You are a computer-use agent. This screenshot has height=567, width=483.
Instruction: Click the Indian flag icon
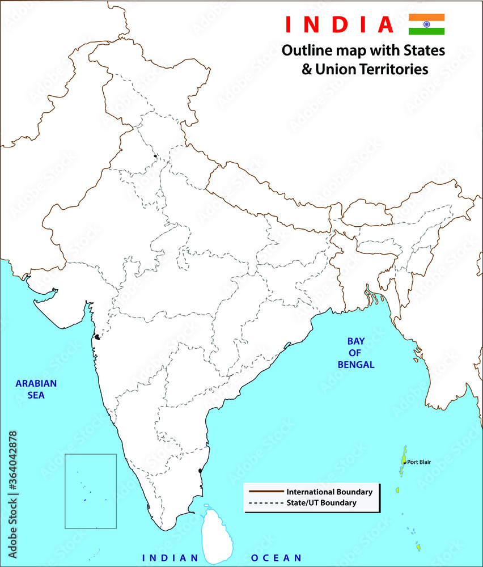pyautogui.click(x=426, y=24)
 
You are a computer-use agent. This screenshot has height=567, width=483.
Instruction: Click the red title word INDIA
pyautogui.click(x=339, y=24)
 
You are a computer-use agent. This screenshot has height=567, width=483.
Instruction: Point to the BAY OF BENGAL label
pyautogui.click(x=355, y=353)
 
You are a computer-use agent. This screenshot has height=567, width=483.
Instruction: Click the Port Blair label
pyautogui.click(x=419, y=462)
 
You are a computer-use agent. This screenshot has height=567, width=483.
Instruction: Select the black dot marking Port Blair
pyautogui.click(x=404, y=462)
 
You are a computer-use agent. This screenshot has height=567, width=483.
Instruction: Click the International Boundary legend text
pyautogui.click(x=329, y=492)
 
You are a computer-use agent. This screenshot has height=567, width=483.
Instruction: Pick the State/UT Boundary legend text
pyautogui.click(x=321, y=503)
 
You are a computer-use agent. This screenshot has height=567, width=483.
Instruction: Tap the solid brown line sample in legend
pyautogui.click(x=265, y=492)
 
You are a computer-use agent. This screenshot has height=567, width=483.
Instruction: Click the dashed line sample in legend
pyautogui.click(x=265, y=503)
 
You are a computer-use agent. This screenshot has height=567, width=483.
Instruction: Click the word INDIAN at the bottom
pyautogui.click(x=170, y=558)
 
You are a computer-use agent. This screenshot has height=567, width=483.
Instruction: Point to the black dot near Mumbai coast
pyautogui.click(x=98, y=337)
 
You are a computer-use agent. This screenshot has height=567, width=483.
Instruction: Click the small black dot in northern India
pyautogui.click(x=155, y=155)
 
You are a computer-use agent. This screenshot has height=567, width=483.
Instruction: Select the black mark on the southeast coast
pyautogui.click(x=200, y=471)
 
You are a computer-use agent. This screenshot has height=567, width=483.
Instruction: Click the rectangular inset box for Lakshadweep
pyautogui.click(x=91, y=490)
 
